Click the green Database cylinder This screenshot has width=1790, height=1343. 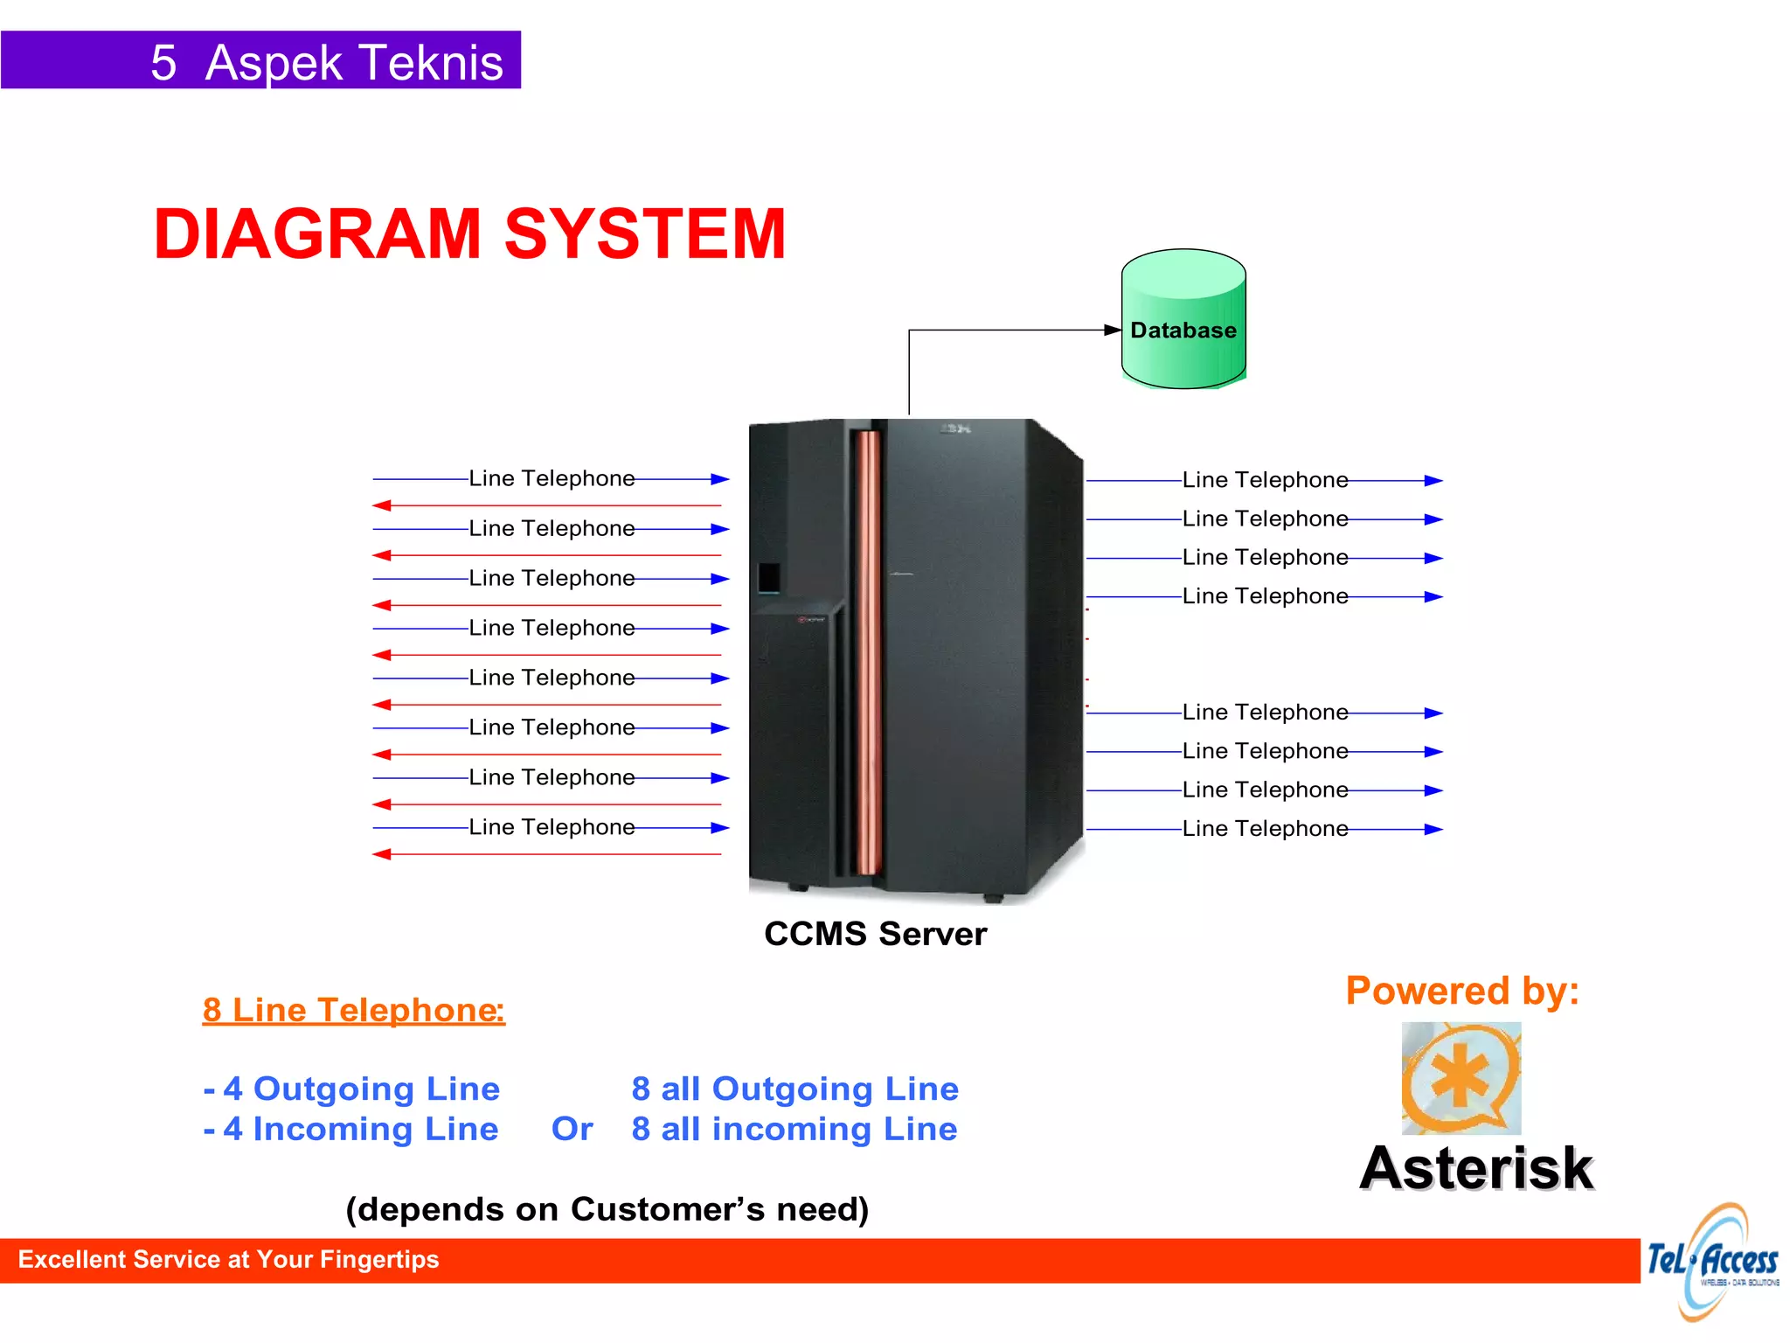tap(1183, 319)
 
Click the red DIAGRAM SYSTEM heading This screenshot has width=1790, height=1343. tap(469, 234)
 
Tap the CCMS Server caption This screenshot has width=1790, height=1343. tap(875, 934)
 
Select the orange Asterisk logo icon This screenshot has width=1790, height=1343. tap(1460, 1078)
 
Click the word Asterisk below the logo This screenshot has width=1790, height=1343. tap(1476, 1168)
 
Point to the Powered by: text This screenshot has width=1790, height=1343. tap(1461, 991)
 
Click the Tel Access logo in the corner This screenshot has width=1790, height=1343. tap(1711, 1262)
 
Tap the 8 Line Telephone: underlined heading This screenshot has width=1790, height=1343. tap(353, 1010)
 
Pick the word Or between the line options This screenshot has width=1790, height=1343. tap(572, 1129)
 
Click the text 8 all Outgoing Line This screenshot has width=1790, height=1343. tap(794, 1089)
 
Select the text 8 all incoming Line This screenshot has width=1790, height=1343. tap(794, 1129)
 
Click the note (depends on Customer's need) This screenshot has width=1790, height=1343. tap(607, 1209)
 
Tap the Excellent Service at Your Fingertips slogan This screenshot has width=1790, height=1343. tap(228, 1259)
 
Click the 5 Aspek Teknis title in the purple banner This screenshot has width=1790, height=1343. tap(326, 62)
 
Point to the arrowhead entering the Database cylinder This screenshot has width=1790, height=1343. tap(1113, 330)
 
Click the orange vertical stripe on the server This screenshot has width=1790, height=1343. tap(867, 651)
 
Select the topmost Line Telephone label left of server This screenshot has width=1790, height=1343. tap(552, 478)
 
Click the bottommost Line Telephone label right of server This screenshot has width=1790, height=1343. tap(1264, 828)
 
